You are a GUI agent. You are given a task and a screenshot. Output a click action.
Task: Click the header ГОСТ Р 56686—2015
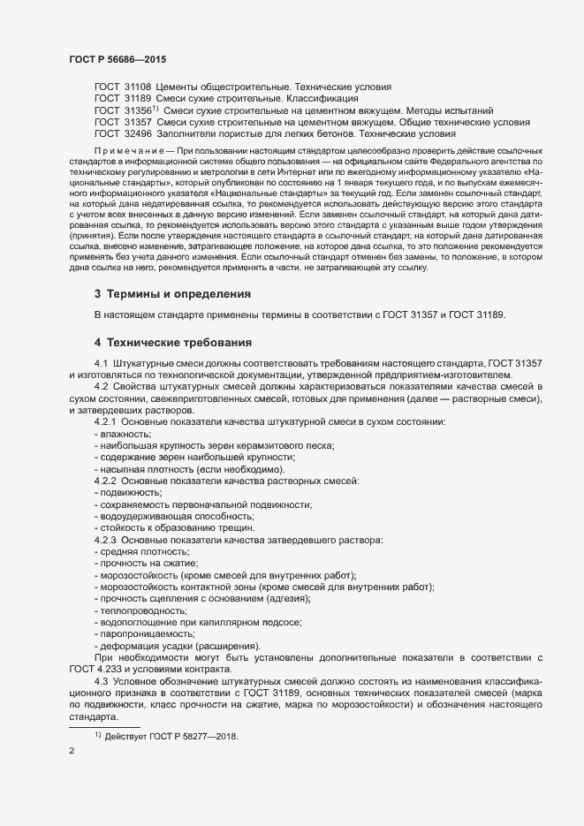(118, 58)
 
